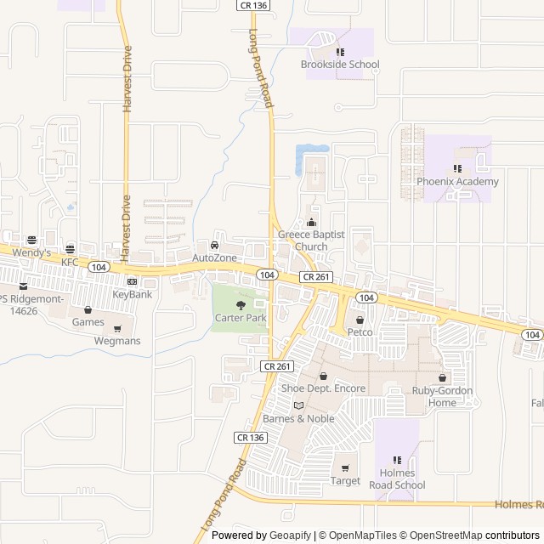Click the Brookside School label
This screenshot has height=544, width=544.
pos(339,65)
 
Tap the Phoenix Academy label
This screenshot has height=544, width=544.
pos(457,181)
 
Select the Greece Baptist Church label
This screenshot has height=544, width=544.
pos(303,241)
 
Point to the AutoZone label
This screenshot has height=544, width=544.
pos(213,257)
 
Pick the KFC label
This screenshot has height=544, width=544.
pos(70,263)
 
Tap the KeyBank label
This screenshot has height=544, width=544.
pos(133,294)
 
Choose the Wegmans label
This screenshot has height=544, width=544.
pos(117,341)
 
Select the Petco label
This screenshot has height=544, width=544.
pos(360,332)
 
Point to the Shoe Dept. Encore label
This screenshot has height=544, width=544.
pos(323,388)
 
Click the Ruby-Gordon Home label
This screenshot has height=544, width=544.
pos(442,396)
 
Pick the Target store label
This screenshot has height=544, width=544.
pos(345,480)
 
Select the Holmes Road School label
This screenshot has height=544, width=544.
pos(397,479)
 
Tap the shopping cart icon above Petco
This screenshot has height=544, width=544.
pos(360,320)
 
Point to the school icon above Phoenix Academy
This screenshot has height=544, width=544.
pos(457,168)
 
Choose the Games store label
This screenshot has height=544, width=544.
pos(88,322)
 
